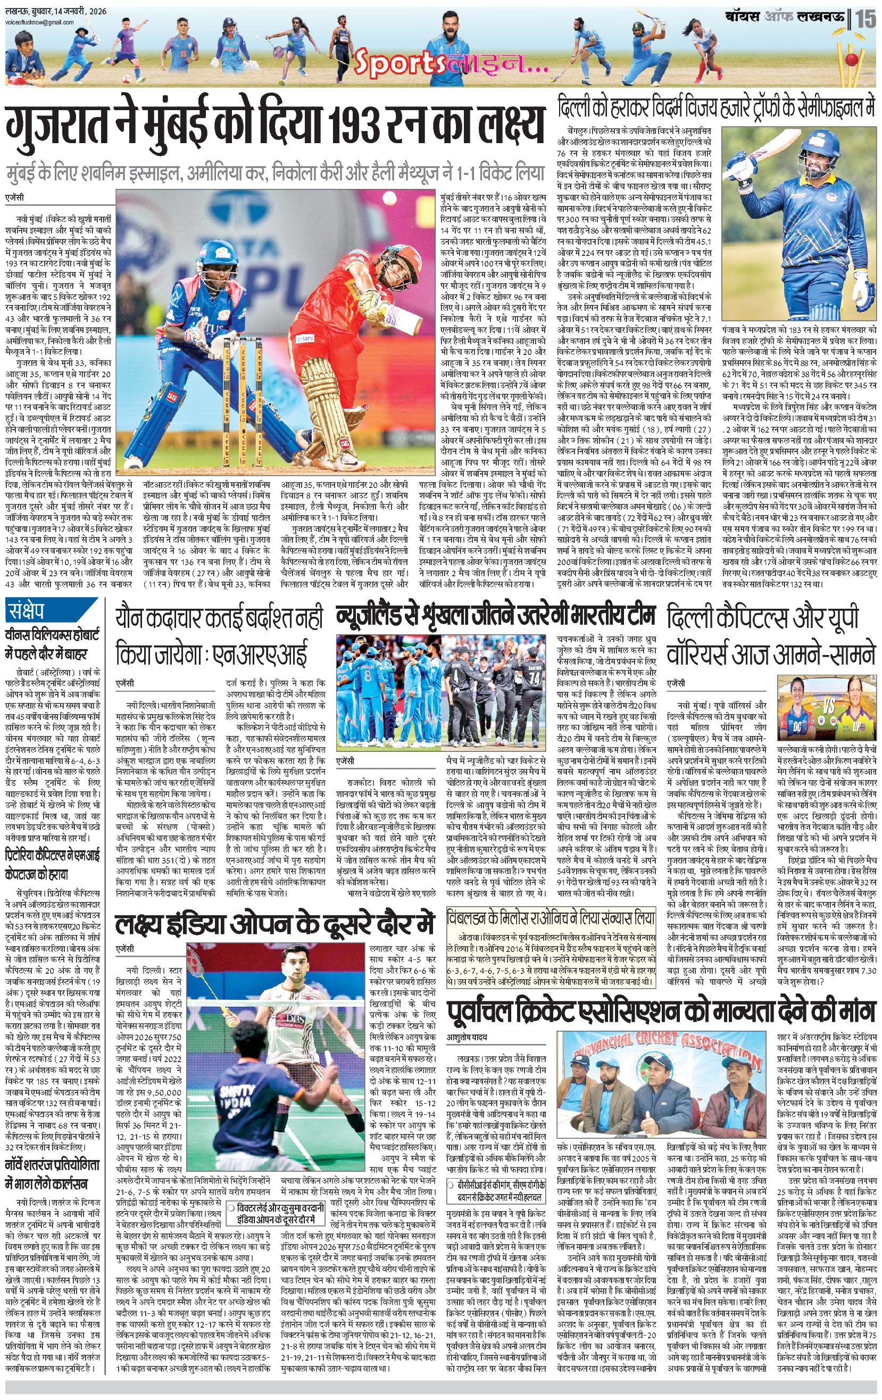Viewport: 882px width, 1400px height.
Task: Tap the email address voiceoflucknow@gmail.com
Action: (x=39, y=23)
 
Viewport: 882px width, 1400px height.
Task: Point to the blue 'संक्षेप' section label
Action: (x=34, y=610)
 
